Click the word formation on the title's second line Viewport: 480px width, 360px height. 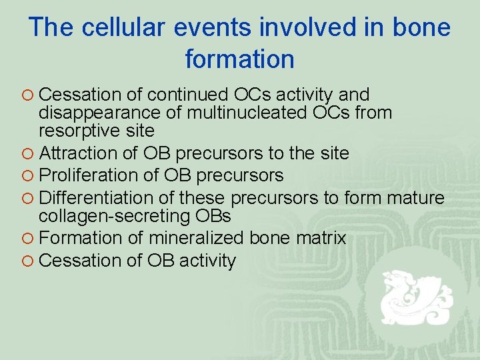[239, 59]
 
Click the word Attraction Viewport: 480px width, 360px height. [79, 153]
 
